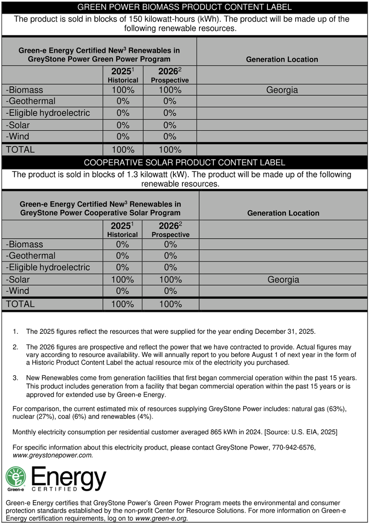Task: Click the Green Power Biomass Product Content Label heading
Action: pyautogui.click(x=184, y=7)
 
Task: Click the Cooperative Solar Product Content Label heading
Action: pyautogui.click(x=184, y=162)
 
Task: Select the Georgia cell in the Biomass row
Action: pyautogui.click(x=282, y=90)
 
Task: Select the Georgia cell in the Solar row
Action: pyautogui.click(x=283, y=280)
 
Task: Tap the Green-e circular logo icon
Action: pyautogui.click(x=15, y=477)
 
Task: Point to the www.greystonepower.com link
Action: pyautogui.click(x=53, y=455)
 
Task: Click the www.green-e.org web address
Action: pyautogui.click(x=161, y=518)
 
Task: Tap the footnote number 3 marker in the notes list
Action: pyautogui.click(x=15, y=378)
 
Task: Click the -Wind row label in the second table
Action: pyautogui.click(x=18, y=291)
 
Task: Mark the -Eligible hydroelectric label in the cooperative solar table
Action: pyautogui.click(x=48, y=268)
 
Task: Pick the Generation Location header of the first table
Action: pyautogui.click(x=282, y=59)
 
